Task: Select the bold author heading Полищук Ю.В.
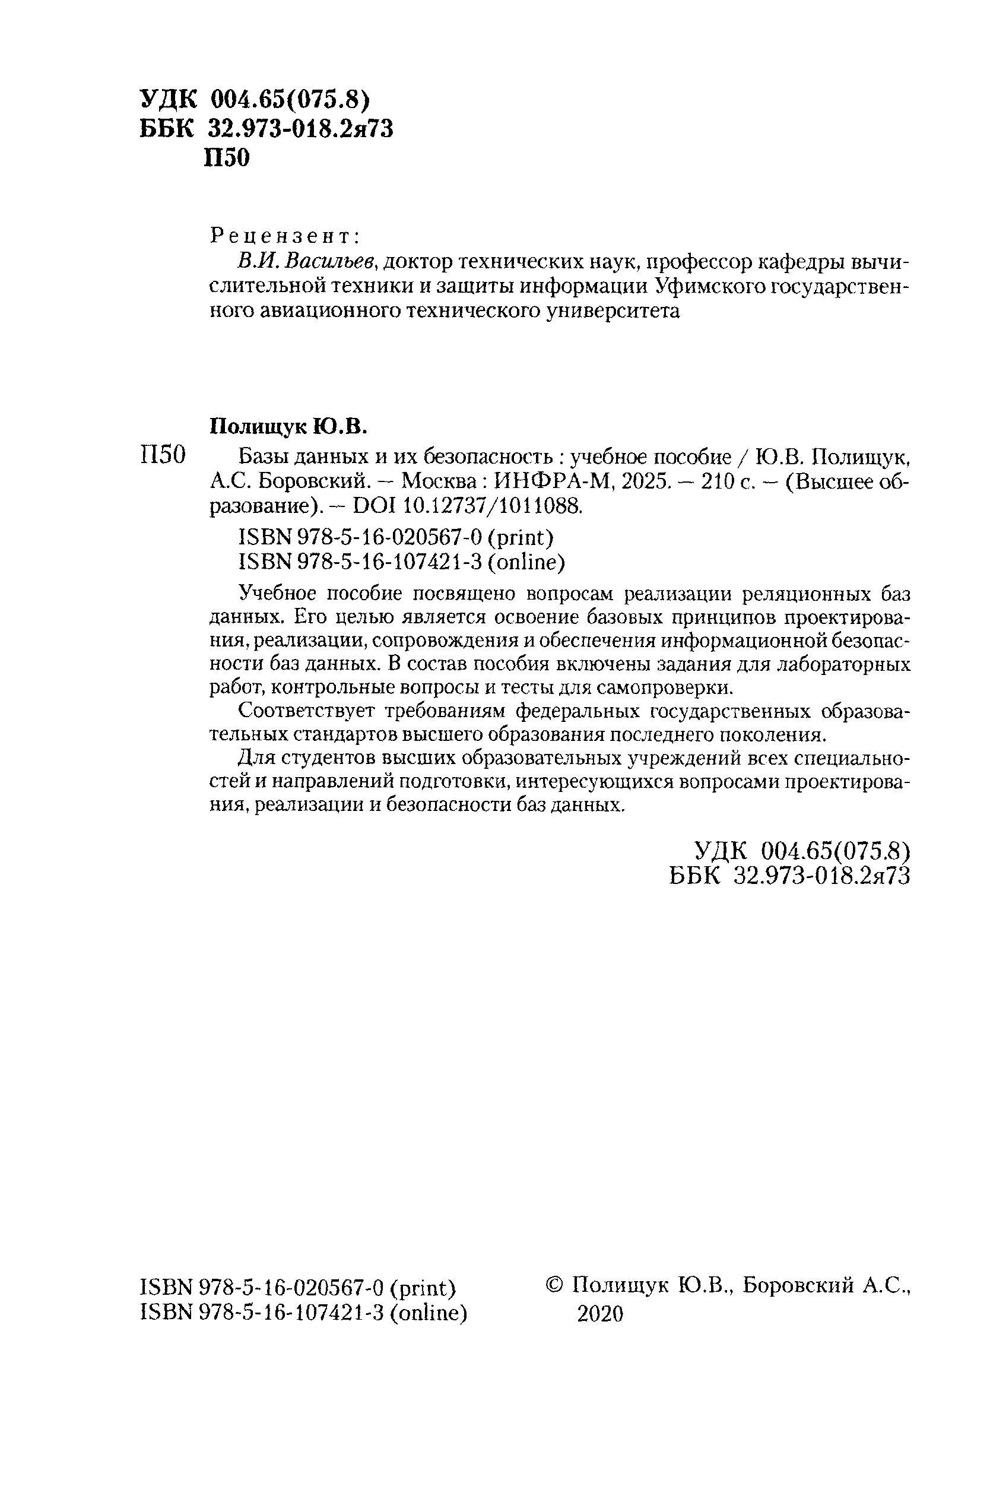point(288,427)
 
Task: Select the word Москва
point(439,483)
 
